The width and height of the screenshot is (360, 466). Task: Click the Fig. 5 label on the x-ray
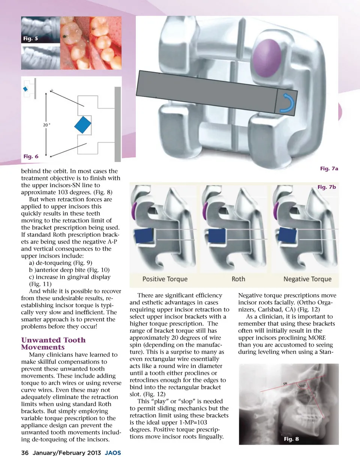[x=30, y=39]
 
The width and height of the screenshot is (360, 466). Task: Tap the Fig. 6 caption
[x=31, y=156]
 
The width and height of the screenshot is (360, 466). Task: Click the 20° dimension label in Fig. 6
[x=46, y=125]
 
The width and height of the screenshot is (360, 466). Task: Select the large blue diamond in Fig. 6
[x=83, y=125]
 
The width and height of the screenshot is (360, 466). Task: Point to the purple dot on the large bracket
[x=267, y=58]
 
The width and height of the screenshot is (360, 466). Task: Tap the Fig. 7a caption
[x=329, y=168]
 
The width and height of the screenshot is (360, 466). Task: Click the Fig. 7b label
[x=327, y=187]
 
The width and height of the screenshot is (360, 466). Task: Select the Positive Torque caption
[x=165, y=279]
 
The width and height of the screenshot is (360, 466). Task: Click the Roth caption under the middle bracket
[x=238, y=279]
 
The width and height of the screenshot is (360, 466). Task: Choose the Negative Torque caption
[x=307, y=279]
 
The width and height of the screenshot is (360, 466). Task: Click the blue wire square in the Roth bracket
[x=217, y=236]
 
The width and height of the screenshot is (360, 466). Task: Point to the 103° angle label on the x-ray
[x=302, y=386]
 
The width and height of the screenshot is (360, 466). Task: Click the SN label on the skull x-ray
[x=285, y=384]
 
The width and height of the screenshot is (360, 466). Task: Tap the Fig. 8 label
[x=291, y=439]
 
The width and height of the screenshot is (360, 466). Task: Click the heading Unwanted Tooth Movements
[x=53, y=343]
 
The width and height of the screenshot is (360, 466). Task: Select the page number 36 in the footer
[x=25, y=453]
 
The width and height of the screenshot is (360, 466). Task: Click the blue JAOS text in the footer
[x=113, y=453]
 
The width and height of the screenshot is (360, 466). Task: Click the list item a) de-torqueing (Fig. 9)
[x=61, y=263]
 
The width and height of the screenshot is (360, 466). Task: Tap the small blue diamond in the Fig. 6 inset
[x=25, y=89]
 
